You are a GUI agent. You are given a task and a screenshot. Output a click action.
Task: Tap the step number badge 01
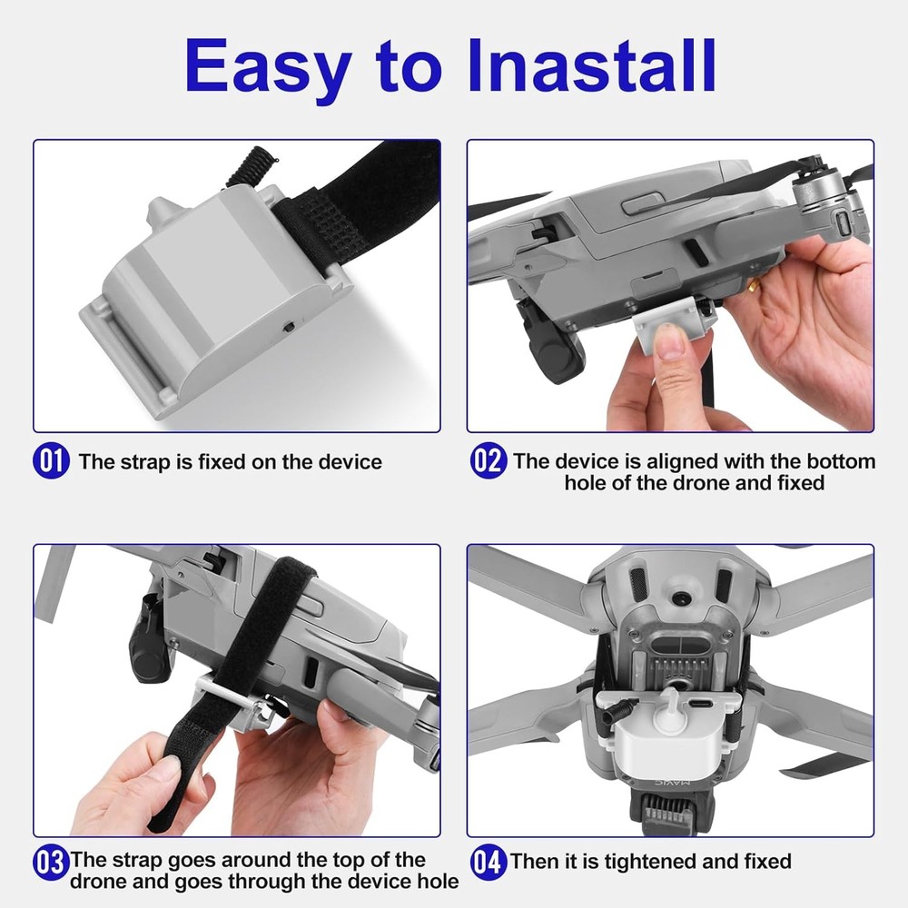pos(51,461)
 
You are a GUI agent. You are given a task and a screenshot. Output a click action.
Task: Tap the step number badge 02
pos(488,461)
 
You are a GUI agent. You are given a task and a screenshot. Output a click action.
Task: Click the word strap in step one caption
pos(143,461)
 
